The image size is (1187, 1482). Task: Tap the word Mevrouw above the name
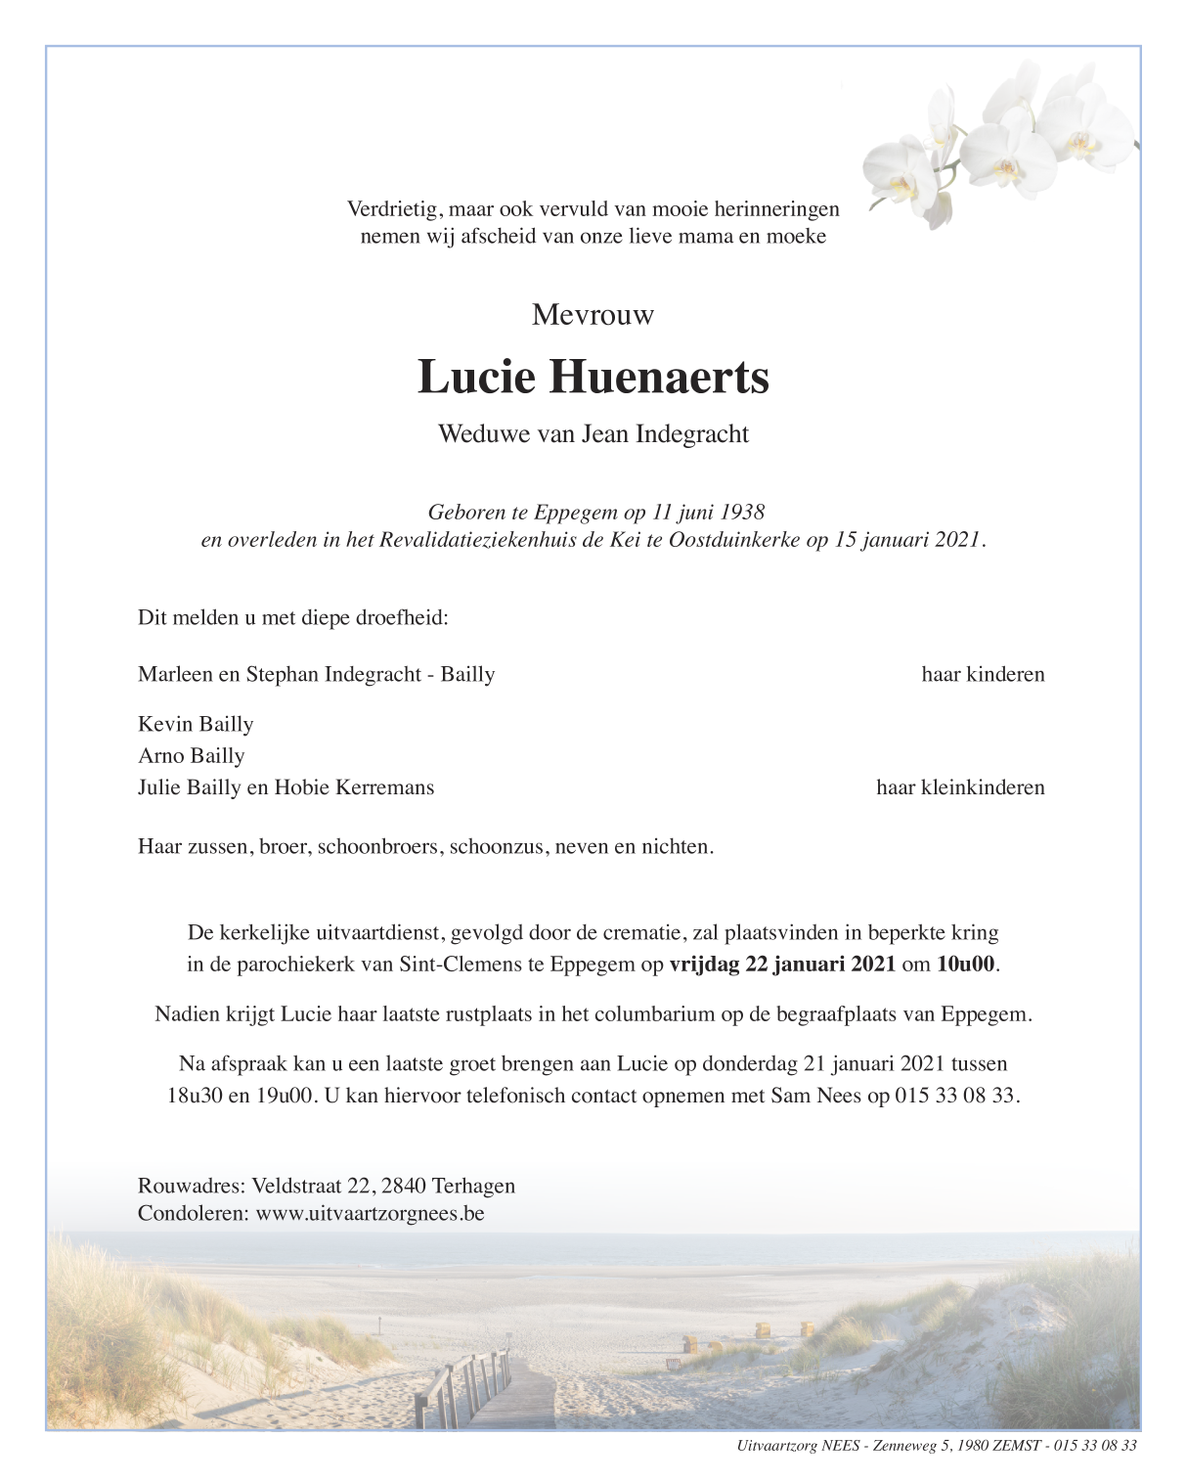pos(593,315)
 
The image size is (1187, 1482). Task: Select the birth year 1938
pos(742,512)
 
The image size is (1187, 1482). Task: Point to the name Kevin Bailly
pos(196,724)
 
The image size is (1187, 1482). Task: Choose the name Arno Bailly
pos(192,755)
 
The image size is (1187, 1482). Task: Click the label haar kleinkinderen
pos(960,787)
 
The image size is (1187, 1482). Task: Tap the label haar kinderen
pos(983,674)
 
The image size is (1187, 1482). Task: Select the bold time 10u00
pos(965,964)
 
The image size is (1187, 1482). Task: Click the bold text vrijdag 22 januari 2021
pos(782,964)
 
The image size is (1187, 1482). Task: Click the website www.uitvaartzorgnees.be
pos(371,1214)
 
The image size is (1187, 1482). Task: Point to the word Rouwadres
pos(190,1186)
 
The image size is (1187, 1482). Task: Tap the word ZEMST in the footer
pos(1016,1446)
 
